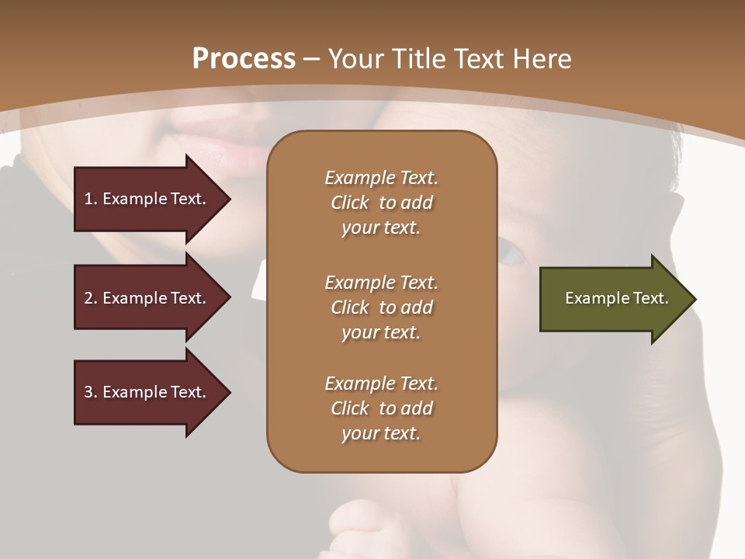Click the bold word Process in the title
244,59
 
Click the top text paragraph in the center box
381,203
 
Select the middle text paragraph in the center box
381,307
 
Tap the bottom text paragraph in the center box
381,408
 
